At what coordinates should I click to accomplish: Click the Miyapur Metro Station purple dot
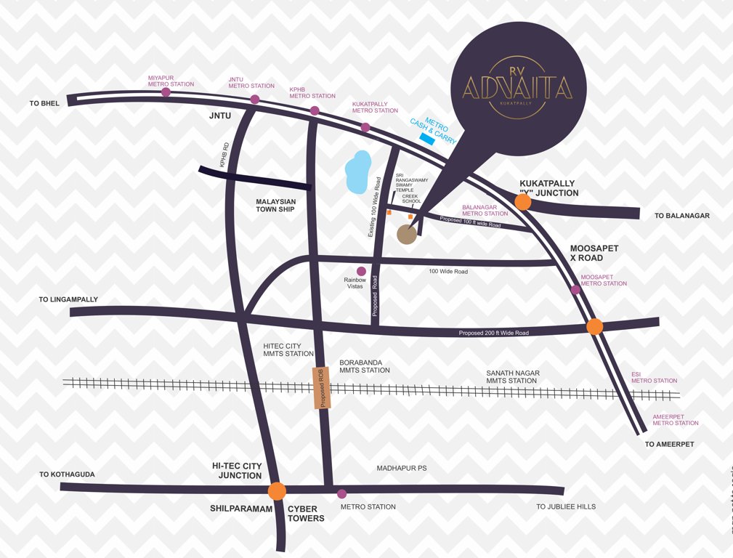tap(166, 92)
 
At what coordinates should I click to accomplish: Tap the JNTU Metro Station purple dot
tap(255, 100)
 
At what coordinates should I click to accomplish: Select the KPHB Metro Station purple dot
tap(315, 110)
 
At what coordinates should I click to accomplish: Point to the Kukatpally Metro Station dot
tap(365, 127)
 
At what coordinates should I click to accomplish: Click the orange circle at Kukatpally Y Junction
tap(522, 203)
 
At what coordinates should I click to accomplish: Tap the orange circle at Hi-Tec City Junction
tap(277, 491)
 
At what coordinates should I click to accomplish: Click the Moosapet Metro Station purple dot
tap(575, 290)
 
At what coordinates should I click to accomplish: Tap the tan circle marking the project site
tap(407, 234)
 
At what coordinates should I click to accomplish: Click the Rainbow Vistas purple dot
tap(361, 271)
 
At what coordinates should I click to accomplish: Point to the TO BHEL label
tap(44, 104)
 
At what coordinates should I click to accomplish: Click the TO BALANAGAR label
tap(681, 216)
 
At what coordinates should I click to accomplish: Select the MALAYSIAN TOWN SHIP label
tap(276, 205)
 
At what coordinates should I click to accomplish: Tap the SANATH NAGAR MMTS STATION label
tap(512, 376)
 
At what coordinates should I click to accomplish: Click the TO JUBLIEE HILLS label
tap(566, 506)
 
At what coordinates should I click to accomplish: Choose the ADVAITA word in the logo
tap(517, 88)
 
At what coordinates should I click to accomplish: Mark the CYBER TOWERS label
tap(306, 514)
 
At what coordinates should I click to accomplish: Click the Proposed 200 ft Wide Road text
tap(493, 333)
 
